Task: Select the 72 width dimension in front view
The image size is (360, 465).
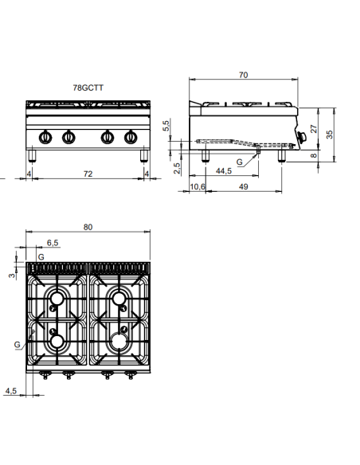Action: (x=88, y=173)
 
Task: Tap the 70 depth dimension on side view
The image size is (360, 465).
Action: (x=242, y=75)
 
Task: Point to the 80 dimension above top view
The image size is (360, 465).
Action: (x=88, y=227)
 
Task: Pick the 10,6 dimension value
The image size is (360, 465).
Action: (x=198, y=187)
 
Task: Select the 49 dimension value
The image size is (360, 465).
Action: (x=243, y=187)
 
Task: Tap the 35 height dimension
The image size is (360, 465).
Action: (x=330, y=135)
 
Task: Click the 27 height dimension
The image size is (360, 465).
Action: (x=314, y=127)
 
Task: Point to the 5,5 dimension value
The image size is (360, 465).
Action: (x=166, y=125)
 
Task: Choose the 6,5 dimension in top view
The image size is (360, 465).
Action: (x=53, y=242)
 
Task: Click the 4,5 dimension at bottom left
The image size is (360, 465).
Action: (x=10, y=390)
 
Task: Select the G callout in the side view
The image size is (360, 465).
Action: (x=241, y=162)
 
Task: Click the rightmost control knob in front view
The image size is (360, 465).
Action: (x=127, y=135)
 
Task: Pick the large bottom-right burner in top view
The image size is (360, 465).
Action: (x=120, y=341)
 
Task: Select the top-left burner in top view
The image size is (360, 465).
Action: (x=57, y=299)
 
